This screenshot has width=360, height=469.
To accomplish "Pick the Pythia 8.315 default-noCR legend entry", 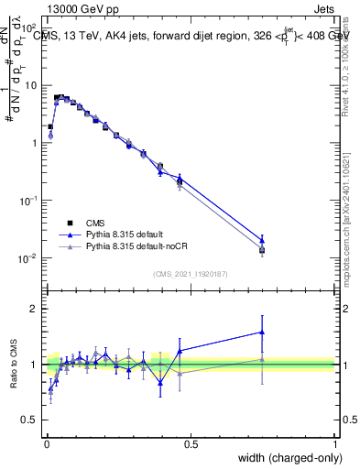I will point(136,246).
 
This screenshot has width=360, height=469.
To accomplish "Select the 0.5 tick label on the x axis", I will point(191,443).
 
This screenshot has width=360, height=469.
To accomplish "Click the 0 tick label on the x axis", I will point(47,443).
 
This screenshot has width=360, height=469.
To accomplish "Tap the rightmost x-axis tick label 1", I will point(334,443).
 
